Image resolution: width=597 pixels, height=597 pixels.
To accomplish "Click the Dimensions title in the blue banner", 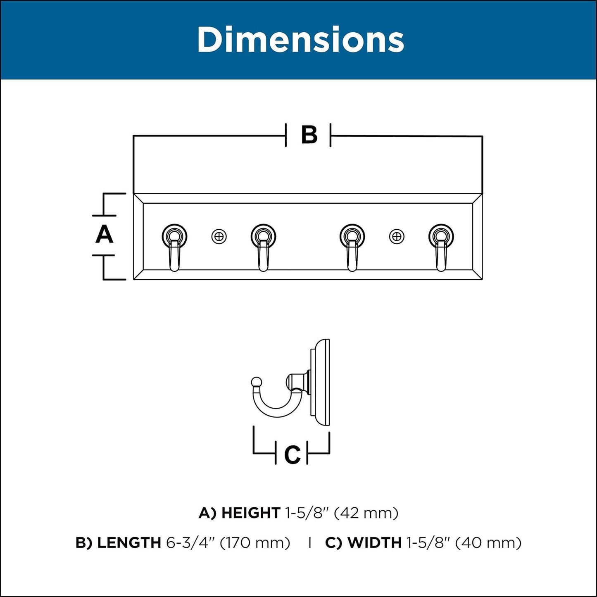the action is (x=300, y=40).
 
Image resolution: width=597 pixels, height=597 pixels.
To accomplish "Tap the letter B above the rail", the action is (x=309, y=135).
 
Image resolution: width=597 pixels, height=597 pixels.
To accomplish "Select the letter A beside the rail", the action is (x=104, y=235).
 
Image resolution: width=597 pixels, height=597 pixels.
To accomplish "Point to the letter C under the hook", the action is (x=292, y=454).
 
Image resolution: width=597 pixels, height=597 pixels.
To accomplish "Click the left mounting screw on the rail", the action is (x=219, y=237).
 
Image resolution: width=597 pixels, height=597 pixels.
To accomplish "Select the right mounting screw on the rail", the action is (x=397, y=237).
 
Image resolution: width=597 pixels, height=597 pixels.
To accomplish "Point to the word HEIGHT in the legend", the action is (x=251, y=514).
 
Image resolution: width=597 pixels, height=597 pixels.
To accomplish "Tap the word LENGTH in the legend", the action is (x=129, y=543).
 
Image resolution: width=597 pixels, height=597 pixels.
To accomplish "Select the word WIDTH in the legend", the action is (x=374, y=543).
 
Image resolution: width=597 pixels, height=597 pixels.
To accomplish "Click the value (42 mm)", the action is (x=366, y=514).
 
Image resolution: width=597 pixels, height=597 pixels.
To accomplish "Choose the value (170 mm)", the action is (x=255, y=543).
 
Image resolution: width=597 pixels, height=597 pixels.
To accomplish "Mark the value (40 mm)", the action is (x=489, y=543).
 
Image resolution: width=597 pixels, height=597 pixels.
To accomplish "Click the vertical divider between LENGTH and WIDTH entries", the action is (x=310, y=543).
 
